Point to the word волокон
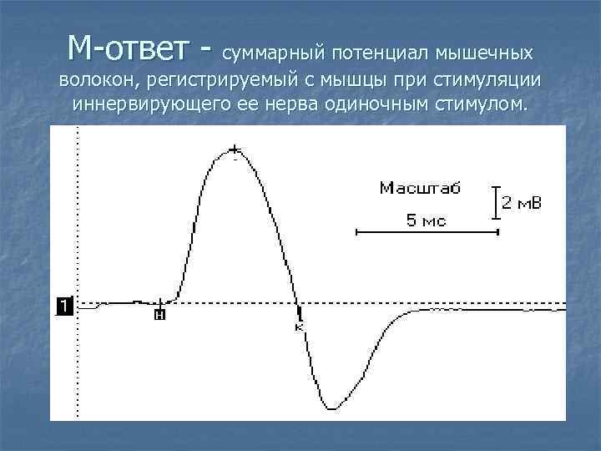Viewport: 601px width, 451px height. [x=98, y=82]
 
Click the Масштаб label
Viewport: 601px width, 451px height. [x=420, y=188]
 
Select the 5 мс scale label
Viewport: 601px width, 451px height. [x=425, y=220]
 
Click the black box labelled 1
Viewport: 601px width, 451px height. [x=64, y=306]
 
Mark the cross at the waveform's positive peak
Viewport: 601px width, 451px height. [x=235, y=149]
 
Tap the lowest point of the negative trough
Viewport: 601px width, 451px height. [x=332, y=408]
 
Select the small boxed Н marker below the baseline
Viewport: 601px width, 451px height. [x=159, y=315]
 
